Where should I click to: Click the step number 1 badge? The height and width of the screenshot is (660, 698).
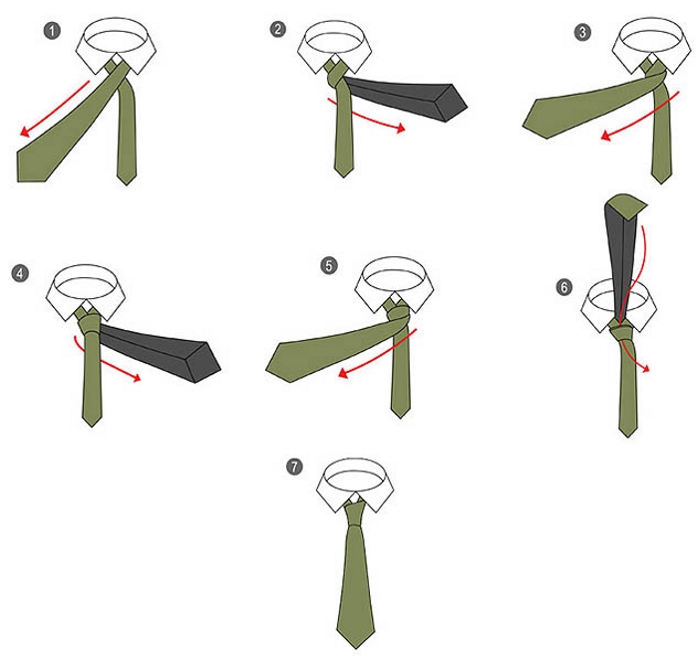pos(53,31)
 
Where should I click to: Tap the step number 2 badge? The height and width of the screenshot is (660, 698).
pos(278,29)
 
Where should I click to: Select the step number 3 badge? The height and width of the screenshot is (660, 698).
pos(582,32)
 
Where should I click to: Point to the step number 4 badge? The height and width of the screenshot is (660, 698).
pos(21,273)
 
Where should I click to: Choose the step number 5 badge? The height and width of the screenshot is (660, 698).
pos(329,265)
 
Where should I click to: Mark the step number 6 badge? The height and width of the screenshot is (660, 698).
pos(564,287)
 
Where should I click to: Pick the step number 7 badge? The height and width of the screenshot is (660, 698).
pos(294,467)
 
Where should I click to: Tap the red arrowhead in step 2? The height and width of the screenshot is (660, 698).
pos(400,129)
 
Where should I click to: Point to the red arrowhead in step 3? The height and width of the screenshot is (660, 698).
pos(606,136)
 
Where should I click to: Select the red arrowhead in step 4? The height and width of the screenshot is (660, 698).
pos(136,378)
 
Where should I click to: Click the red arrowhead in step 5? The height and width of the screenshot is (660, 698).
pos(344,373)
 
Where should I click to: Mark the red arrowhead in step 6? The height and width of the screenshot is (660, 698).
pos(645,368)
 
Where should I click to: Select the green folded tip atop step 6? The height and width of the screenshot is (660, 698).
pos(626,206)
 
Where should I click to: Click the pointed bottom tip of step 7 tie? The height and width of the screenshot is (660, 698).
pos(356,648)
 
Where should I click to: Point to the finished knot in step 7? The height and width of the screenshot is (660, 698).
pos(355,512)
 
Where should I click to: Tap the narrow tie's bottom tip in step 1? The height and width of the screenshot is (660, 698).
pos(127,183)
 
